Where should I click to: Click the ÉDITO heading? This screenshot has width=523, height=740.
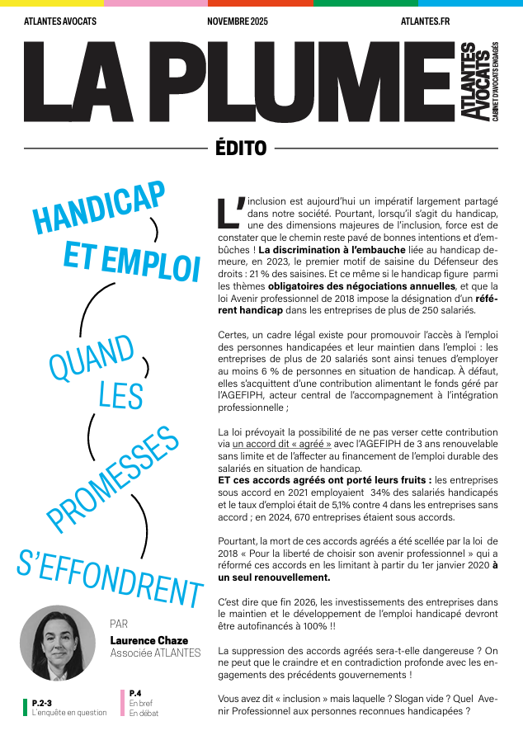click(x=240, y=148)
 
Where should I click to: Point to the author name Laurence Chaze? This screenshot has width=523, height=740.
click(x=148, y=640)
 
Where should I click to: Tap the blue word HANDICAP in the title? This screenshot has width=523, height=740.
click(x=98, y=209)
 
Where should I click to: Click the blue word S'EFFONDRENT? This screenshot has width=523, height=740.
click(x=110, y=571)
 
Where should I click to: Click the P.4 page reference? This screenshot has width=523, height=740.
click(x=135, y=693)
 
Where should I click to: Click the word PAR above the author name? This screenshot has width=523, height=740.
click(x=119, y=624)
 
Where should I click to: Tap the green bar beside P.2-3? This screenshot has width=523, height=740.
click(x=25, y=707)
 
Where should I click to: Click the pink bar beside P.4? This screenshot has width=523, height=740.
click(x=122, y=703)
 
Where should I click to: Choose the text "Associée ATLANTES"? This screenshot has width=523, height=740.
click(x=155, y=653)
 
